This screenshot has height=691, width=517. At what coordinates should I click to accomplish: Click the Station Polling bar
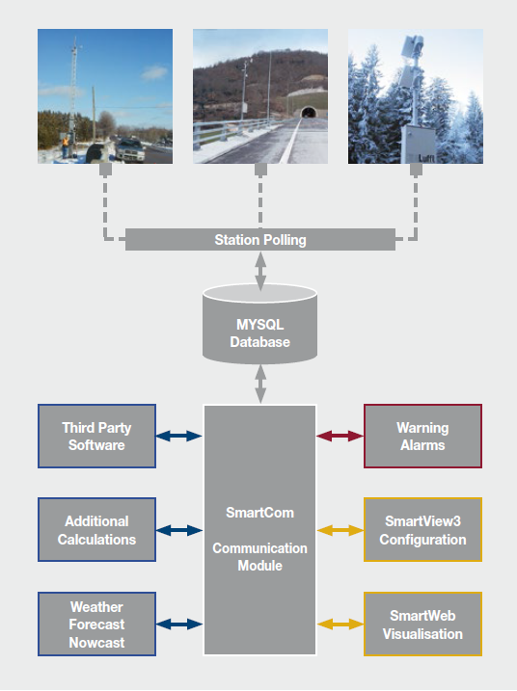click(x=260, y=239)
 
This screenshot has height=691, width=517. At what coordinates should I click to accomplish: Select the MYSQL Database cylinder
click(x=259, y=324)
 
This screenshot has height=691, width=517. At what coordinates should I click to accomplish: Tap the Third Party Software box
click(x=96, y=436)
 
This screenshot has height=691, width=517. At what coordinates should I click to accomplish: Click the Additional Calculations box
click(x=96, y=530)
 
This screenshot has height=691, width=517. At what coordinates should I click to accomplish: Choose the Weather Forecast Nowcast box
click(x=96, y=624)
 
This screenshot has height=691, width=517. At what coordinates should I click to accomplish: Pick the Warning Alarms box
click(x=422, y=436)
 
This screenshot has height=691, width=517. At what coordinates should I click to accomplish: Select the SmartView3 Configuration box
click(x=422, y=530)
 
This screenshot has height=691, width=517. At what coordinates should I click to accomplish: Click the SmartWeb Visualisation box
click(x=422, y=624)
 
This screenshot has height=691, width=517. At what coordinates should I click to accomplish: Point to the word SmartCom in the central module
click(x=259, y=513)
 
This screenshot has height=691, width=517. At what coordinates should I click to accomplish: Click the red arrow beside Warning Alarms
click(x=340, y=436)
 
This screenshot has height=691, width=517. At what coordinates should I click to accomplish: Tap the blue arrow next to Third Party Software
click(x=179, y=436)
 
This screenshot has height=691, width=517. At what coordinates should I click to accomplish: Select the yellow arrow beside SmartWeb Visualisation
click(x=340, y=624)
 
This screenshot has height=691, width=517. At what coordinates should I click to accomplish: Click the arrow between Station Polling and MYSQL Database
click(x=260, y=271)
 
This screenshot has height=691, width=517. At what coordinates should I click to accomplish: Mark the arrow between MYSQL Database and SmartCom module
click(x=260, y=384)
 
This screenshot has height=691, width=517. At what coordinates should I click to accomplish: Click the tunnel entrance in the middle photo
click(x=309, y=113)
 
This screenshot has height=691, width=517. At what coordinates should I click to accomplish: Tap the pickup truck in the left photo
click(x=130, y=150)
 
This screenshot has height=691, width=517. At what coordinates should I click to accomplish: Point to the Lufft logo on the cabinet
click(x=426, y=158)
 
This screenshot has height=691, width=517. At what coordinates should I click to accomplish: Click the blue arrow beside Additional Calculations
click(x=179, y=530)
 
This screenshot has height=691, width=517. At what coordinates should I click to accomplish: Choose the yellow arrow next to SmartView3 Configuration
click(x=340, y=530)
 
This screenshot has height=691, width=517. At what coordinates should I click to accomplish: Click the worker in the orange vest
click(x=66, y=146)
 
